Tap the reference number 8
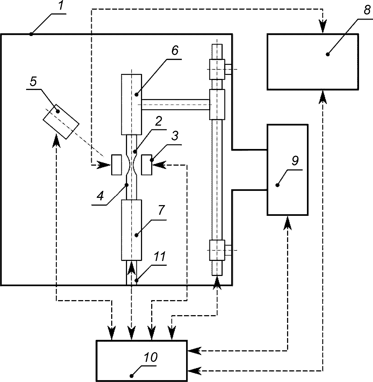pyautogui.click(x=367, y=10)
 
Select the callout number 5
pyautogui.click(x=33, y=81)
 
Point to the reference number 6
pyautogui.click(x=175, y=50)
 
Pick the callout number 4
pyautogui.click(x=100, y=196)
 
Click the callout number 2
pyautogui.click(x=158, y=121)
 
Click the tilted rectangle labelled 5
pyautogui.click(x=61, y=122)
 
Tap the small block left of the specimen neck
pyautogui.click(x=117, y=165)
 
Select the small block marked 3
pyautogui.click(x=147, y=165)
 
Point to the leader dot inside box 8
pyautogui.click(x=327, y=54)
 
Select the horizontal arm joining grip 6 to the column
pyautogui.click(x=176, y=104)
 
